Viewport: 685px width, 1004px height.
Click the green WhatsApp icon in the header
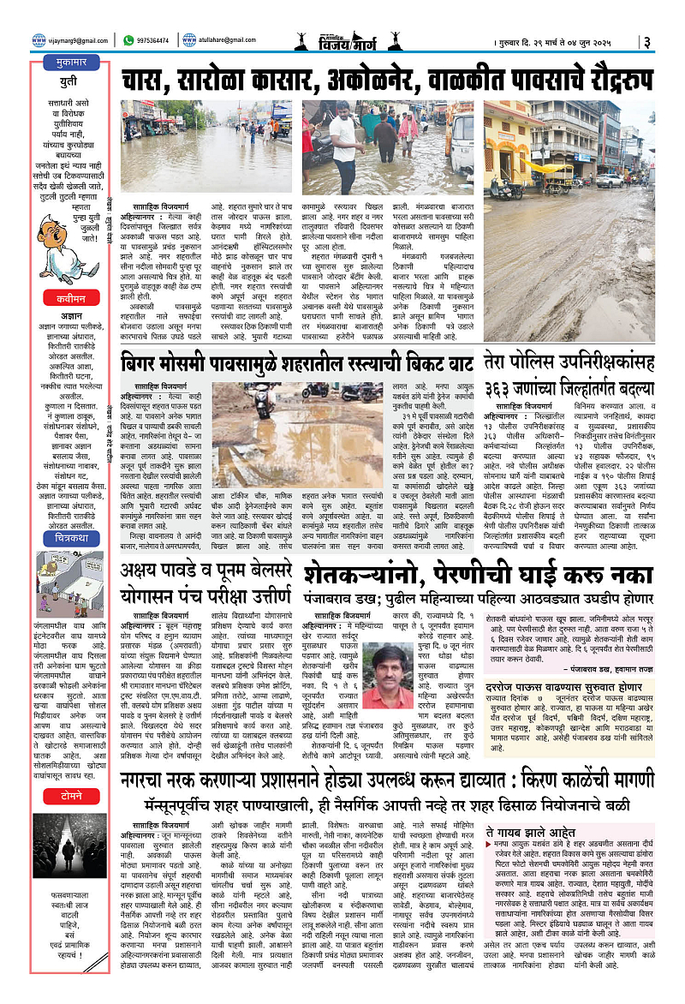[x=128, y=39]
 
